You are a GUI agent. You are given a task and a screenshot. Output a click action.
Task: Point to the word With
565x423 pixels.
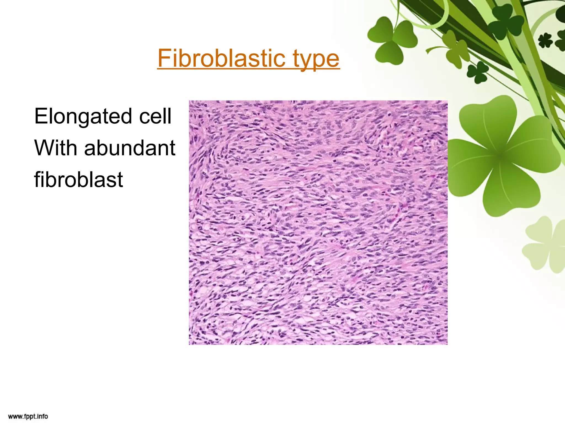pyautogui.click(x=55, y=148)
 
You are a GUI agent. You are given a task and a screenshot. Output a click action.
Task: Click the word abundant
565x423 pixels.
pyautogui.click(x=130, y=148)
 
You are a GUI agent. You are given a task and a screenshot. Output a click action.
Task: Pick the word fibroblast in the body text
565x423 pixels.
pyautogui.click(x=78, y=180)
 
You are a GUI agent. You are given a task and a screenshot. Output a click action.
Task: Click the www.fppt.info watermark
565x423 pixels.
pyautogui.click(x=28, y=416)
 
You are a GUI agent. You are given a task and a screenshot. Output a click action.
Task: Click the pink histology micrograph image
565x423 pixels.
pyautogui.click(x=318, y=223)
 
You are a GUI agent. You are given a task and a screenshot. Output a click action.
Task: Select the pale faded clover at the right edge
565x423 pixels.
pyautogui.click(x=545, y=245)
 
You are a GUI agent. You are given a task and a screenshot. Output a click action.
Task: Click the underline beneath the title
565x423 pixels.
pyautogui.click(x=248, y=69)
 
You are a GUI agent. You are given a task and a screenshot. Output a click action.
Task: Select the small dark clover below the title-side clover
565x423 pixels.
pyautogui.click(x=477, y=72)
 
